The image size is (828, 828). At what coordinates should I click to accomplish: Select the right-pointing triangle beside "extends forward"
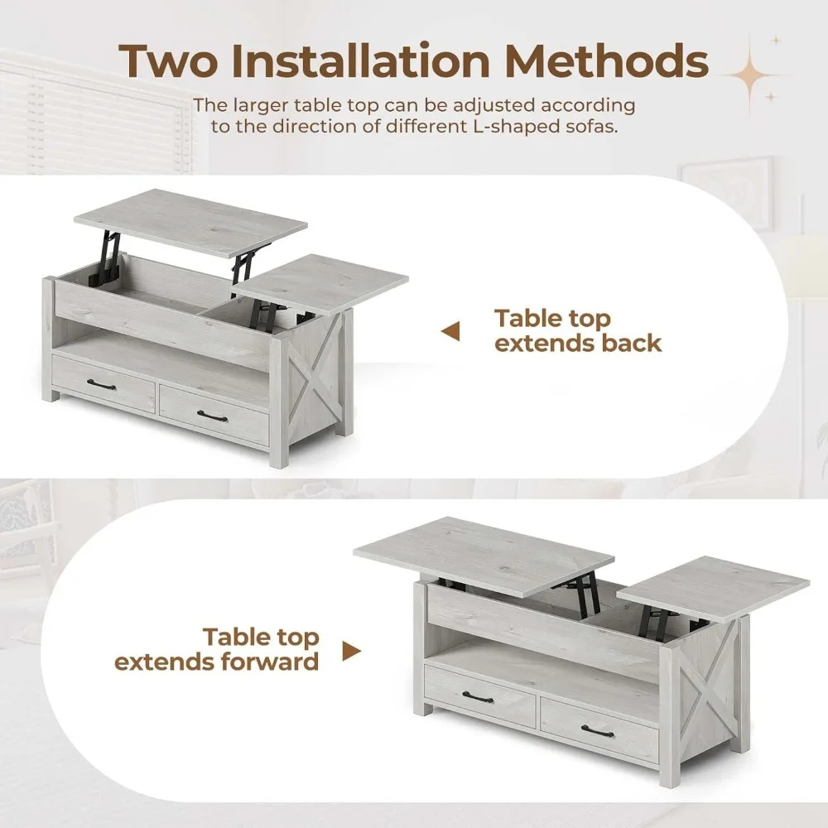coord(352,651)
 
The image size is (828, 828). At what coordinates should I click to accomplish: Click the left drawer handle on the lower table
coord(478,697)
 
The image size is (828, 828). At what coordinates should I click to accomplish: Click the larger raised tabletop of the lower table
coord(484,555)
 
